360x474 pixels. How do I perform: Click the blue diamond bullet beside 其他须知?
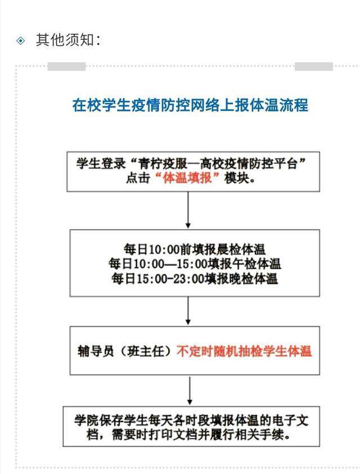(21, 40)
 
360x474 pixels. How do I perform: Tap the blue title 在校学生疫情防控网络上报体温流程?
(190, 105)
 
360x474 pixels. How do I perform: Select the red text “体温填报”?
(187, 178)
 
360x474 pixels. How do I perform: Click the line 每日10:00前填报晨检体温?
(195, 249)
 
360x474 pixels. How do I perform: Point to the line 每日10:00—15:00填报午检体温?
(195, 263)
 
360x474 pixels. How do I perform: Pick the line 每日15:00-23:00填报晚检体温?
(195, 278)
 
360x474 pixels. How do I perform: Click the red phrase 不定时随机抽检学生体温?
(244, 351)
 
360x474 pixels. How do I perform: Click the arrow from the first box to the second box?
(188, 210)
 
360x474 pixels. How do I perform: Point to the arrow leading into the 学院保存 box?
(190, 391)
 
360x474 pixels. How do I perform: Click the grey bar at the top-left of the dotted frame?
(66, 66)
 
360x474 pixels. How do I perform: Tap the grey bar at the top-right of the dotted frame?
(314, 66)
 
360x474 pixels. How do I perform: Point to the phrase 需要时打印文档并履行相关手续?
(198, 435)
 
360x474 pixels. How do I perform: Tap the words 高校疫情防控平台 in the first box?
(249, 164)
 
